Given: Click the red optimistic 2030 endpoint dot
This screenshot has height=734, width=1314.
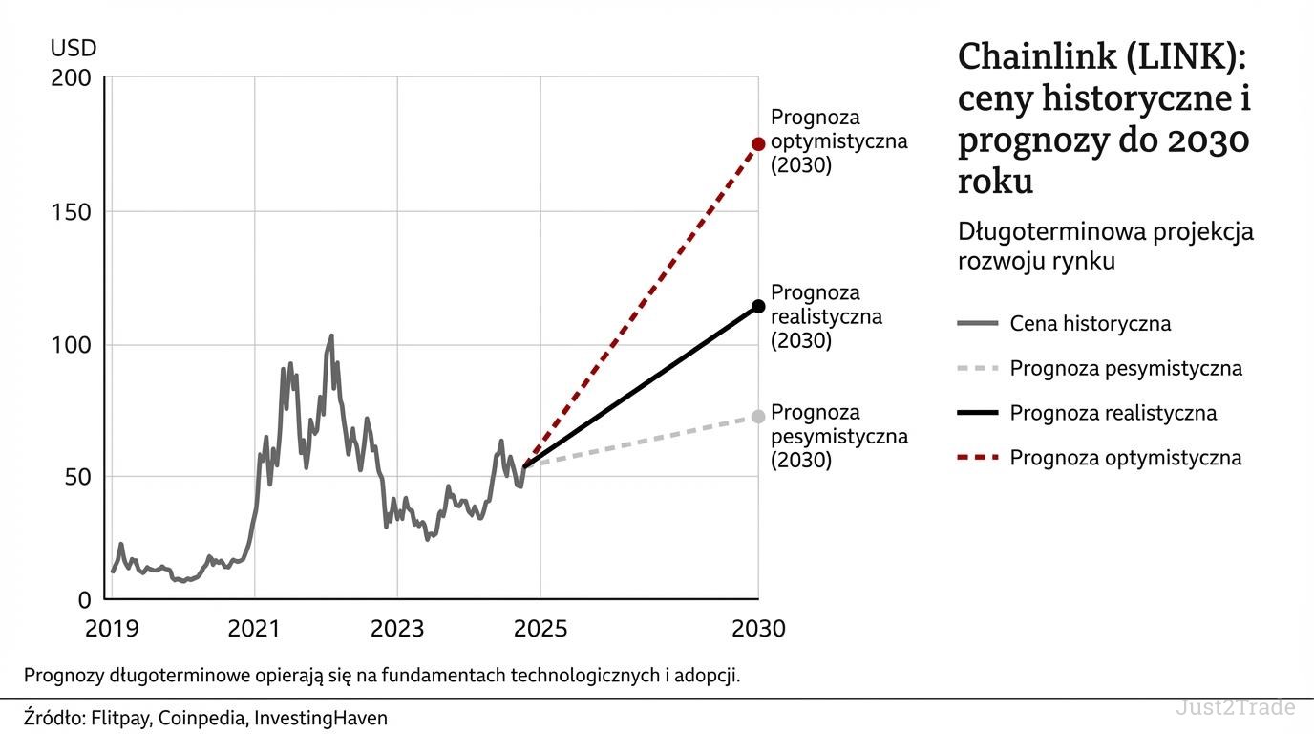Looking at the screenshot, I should pos(758,143).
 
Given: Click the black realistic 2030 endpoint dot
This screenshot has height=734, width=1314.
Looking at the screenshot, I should pos(758,306).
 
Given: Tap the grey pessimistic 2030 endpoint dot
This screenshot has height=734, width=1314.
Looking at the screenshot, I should pos(758,416).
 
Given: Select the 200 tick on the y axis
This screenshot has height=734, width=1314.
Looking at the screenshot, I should pos(71,78).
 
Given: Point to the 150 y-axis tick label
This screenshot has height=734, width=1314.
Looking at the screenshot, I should pos(71,211).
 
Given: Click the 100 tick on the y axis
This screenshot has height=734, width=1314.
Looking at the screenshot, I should pos(71,344).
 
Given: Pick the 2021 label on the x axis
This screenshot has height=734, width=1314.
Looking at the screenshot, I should pos(254,629).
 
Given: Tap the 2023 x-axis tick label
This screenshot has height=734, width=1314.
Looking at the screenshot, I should pos(397,629).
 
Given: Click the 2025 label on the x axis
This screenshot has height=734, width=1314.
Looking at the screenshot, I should pos(540,629).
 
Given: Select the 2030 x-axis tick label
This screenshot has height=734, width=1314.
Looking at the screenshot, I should pos(758,629).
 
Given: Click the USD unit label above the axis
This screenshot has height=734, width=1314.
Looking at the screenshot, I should pos(73,48).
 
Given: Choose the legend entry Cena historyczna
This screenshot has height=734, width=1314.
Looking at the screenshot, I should pos(1090,324).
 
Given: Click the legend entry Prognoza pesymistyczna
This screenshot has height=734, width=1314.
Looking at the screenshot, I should pos(1125,368).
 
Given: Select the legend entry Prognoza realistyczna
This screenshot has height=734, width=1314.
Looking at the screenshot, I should pos(1113,414).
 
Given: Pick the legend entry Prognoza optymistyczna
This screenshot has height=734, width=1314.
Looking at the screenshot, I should pos(1125,458).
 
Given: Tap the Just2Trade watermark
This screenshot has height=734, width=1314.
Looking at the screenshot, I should pos(1235,708).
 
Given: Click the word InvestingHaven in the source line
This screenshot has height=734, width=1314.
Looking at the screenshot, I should pos(321,718).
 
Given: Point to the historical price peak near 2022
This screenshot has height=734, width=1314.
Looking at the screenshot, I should pos(331,335).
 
